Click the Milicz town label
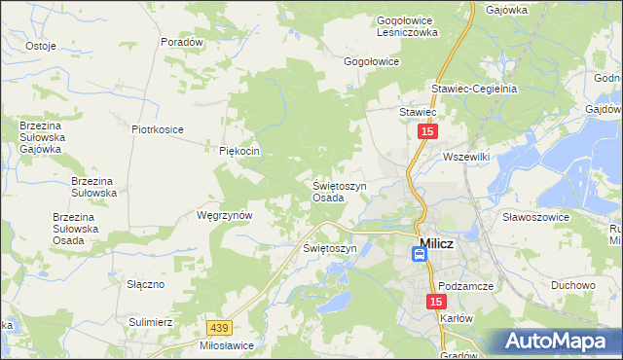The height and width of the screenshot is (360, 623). click(x=435, y=244)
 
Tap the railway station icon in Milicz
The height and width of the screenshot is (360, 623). click(x=419, y=255)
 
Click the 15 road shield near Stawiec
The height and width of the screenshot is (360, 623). click(x=427, y=130)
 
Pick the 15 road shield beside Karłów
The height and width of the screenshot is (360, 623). click(x=435, y=304)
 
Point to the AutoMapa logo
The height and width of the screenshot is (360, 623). click(x=562, y=342)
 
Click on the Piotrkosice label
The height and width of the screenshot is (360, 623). click(x=158, y=127)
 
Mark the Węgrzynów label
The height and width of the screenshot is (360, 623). click(x=225, y=215)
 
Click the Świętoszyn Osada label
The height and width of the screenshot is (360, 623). click(x=339, y=191)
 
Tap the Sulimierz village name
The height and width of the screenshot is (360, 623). click(x=151, y=320)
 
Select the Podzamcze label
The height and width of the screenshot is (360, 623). click(x=469, y=286)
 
